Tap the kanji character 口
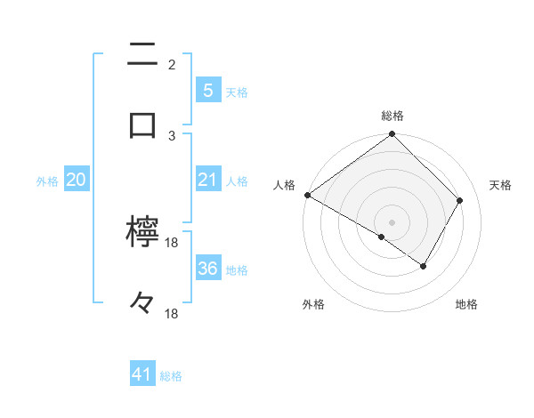click(x=142, y=125)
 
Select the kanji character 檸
click(x=142, y=233)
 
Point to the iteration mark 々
click(x=142, y=303)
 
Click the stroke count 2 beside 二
click(x=171, y=64)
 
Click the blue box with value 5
click(x=207, y=90)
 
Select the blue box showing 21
click(x=207, y=180)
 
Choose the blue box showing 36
click(x=207, y=269)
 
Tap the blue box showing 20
click(x=76, y=180)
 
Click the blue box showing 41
click(x=142, y=375)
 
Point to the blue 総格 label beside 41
click(x=172, y=377)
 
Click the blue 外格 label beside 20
click(x=47, y=181)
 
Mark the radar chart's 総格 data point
click(x=392, y=135)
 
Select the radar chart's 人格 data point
click(x=307, y=195)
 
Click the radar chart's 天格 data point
click(x=460, y=200)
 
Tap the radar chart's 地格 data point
click(x=424, y=266)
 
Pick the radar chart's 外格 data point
click(x=382, y=237)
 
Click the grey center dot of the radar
click(x=392, y=221)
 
